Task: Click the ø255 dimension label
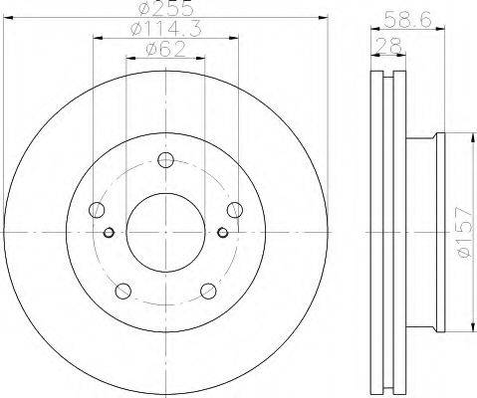(x=166, y=8)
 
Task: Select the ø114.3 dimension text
(x=166, y=29)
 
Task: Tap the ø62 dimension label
(x=165, y=50)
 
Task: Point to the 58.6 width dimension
(x=407, y=19)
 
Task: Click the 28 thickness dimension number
(x=389, y=46)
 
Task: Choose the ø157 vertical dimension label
(x=464, y=232)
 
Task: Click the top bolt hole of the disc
(x=165, y=160)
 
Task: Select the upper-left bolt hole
(x=97, y=210)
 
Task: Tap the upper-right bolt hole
(x=235, y=210)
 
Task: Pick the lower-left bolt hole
(x=123, y=291)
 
